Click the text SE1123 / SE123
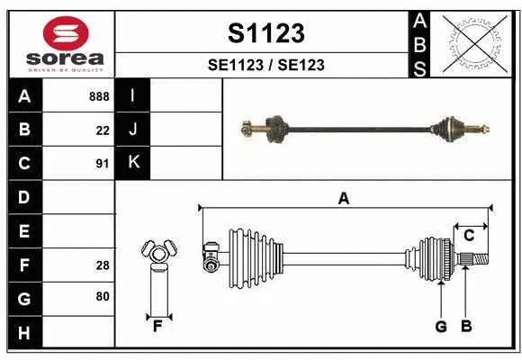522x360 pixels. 265,65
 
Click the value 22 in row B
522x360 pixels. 103,130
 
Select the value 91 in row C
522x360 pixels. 103,164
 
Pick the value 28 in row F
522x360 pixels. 103,265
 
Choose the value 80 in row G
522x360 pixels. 103,297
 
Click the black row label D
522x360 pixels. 24,196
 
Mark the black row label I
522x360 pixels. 132,95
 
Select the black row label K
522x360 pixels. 132,163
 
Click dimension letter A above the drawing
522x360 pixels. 343,199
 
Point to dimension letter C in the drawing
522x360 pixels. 469,236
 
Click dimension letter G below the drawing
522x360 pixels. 441,327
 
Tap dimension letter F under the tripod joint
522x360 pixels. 157,327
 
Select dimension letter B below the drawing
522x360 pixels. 465,327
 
